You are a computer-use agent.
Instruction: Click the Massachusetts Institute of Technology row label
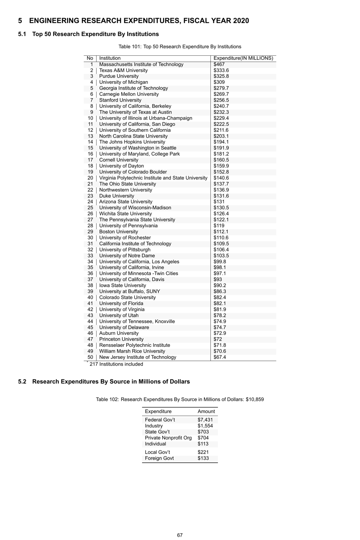click(141, 64)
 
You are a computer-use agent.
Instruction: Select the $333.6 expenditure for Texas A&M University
click(221, 70)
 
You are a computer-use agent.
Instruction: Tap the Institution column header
click(110, 58)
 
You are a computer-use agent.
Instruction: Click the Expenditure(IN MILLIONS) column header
click(243, 58)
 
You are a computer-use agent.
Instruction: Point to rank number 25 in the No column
click(90, 208)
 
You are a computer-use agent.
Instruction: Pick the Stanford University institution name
click(120, 100)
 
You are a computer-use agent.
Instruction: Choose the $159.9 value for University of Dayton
click(221, 166)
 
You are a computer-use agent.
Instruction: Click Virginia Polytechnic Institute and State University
click(153, 178)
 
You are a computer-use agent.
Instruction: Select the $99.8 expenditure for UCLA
click(219, 261)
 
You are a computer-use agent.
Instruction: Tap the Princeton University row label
click(121, 339)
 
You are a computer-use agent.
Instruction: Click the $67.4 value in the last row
click(219, 357)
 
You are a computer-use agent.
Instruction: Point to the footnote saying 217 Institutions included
click(116, 364)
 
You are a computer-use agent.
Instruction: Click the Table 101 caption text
click(180, 47)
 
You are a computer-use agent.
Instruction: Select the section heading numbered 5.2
click(104, 382)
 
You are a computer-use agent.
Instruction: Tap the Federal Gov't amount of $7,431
click(205, 420)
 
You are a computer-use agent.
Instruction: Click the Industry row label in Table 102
click(153, 426)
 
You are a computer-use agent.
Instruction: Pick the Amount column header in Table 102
click(206, 412)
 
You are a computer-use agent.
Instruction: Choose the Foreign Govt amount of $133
click(203, 458)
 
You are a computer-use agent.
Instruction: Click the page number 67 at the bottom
click(180, 535)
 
